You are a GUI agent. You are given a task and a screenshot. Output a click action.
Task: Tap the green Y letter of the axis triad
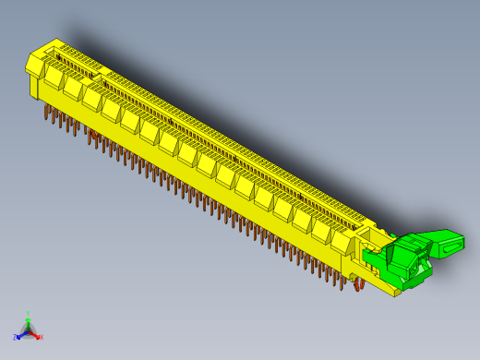[x=29, y=313]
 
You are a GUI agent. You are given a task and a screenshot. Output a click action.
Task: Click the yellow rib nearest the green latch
[x=343, y=242]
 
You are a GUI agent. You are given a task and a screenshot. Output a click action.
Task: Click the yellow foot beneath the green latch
[x=396, y=291]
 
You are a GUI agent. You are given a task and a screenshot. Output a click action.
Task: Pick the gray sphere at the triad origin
[x=29, y=330]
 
